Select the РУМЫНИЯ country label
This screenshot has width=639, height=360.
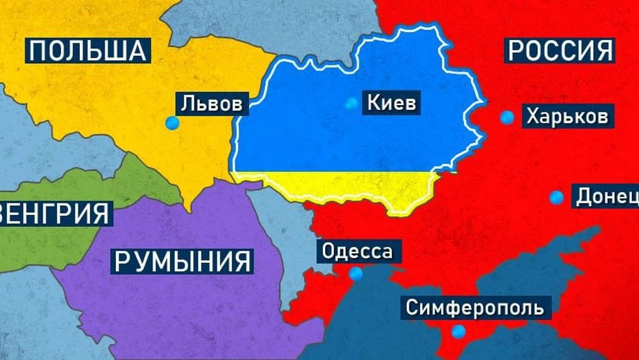(x=182, y=261)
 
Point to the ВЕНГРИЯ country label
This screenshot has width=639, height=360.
(x=55, y=213)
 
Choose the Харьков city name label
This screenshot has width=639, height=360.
(x=567, y=116)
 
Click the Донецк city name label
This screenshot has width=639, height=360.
(x=606, y=197)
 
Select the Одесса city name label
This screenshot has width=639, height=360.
(x=356, y=251)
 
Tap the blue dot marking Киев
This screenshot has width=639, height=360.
(x=351, y=104)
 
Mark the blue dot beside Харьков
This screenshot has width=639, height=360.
(x=508, y=118)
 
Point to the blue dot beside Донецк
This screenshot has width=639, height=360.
(x=557, y=197)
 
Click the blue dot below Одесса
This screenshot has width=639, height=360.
(x=356, y=274)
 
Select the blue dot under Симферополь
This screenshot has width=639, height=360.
(x=459, y=331)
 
